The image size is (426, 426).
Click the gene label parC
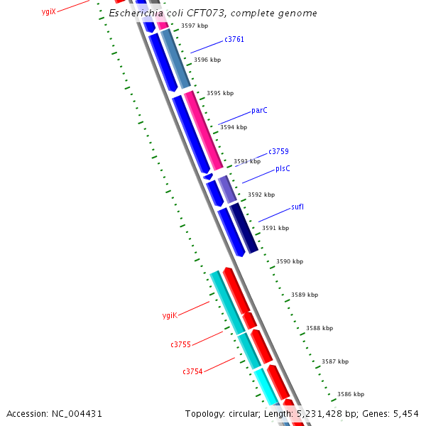point(259,111)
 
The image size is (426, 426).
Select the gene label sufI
point(297,207)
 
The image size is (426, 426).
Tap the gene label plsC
point(283,168)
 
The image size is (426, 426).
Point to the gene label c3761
point(234,40)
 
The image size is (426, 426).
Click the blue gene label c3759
point(278,152)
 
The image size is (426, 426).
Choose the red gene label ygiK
point(170,315)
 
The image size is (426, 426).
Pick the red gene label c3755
point(180,344)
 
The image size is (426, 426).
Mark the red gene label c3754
point(192,371)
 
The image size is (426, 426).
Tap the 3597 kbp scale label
point(195,26)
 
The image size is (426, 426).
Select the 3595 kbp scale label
point(220,93)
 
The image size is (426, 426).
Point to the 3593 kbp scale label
point(247,161)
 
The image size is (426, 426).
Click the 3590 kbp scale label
point(290,262)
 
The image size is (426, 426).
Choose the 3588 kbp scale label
point(319,329)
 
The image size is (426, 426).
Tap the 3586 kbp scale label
point(351,394)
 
